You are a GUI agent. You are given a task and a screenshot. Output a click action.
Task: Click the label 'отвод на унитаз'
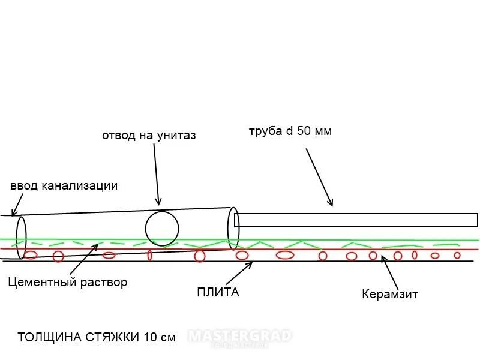[x=149, y=136]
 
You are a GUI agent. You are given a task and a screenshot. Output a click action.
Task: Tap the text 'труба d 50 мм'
[x=290, y=131]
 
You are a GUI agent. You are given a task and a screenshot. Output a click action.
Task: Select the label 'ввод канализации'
[x=64, y=185]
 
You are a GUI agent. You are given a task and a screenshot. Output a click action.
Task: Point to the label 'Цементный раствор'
[x=68, y=282]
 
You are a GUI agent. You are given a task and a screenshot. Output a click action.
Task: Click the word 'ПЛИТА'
[x=218, y=293]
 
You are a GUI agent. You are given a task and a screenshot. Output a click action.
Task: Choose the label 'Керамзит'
[x=390, y=294]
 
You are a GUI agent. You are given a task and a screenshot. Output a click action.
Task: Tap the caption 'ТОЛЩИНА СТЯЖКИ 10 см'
[x=97, y=337]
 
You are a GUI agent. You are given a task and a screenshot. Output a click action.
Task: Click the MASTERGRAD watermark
[x=240, y=336]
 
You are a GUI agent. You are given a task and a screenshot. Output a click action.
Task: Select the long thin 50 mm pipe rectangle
[x=357, y=220]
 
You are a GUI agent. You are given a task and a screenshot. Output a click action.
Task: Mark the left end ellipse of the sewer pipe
[x=22, y=237]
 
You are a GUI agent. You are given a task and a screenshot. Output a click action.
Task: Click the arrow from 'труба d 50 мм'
[x=319, y=177]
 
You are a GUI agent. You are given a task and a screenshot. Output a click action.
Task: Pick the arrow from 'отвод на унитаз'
[x=156, y=174]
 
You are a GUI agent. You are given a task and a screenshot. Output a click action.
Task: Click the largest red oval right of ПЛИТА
[x=285, y=255]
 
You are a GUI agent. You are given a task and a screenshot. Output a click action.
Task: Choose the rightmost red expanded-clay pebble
[x=457, y=255]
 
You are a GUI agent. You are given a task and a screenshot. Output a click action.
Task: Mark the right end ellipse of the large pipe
[x=233, y=228]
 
